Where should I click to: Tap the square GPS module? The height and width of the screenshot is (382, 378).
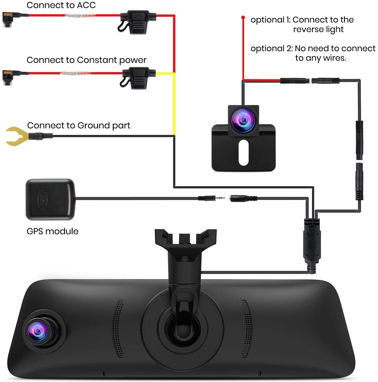50,199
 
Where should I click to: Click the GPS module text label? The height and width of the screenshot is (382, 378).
52,231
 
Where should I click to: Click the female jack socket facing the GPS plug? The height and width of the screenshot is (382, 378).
243,198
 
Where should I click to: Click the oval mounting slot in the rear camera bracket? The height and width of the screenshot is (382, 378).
243,153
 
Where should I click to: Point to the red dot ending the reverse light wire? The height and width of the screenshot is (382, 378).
243,18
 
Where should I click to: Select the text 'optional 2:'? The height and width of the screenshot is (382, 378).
271,49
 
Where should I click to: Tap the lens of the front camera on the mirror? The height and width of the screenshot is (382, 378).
39,331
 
